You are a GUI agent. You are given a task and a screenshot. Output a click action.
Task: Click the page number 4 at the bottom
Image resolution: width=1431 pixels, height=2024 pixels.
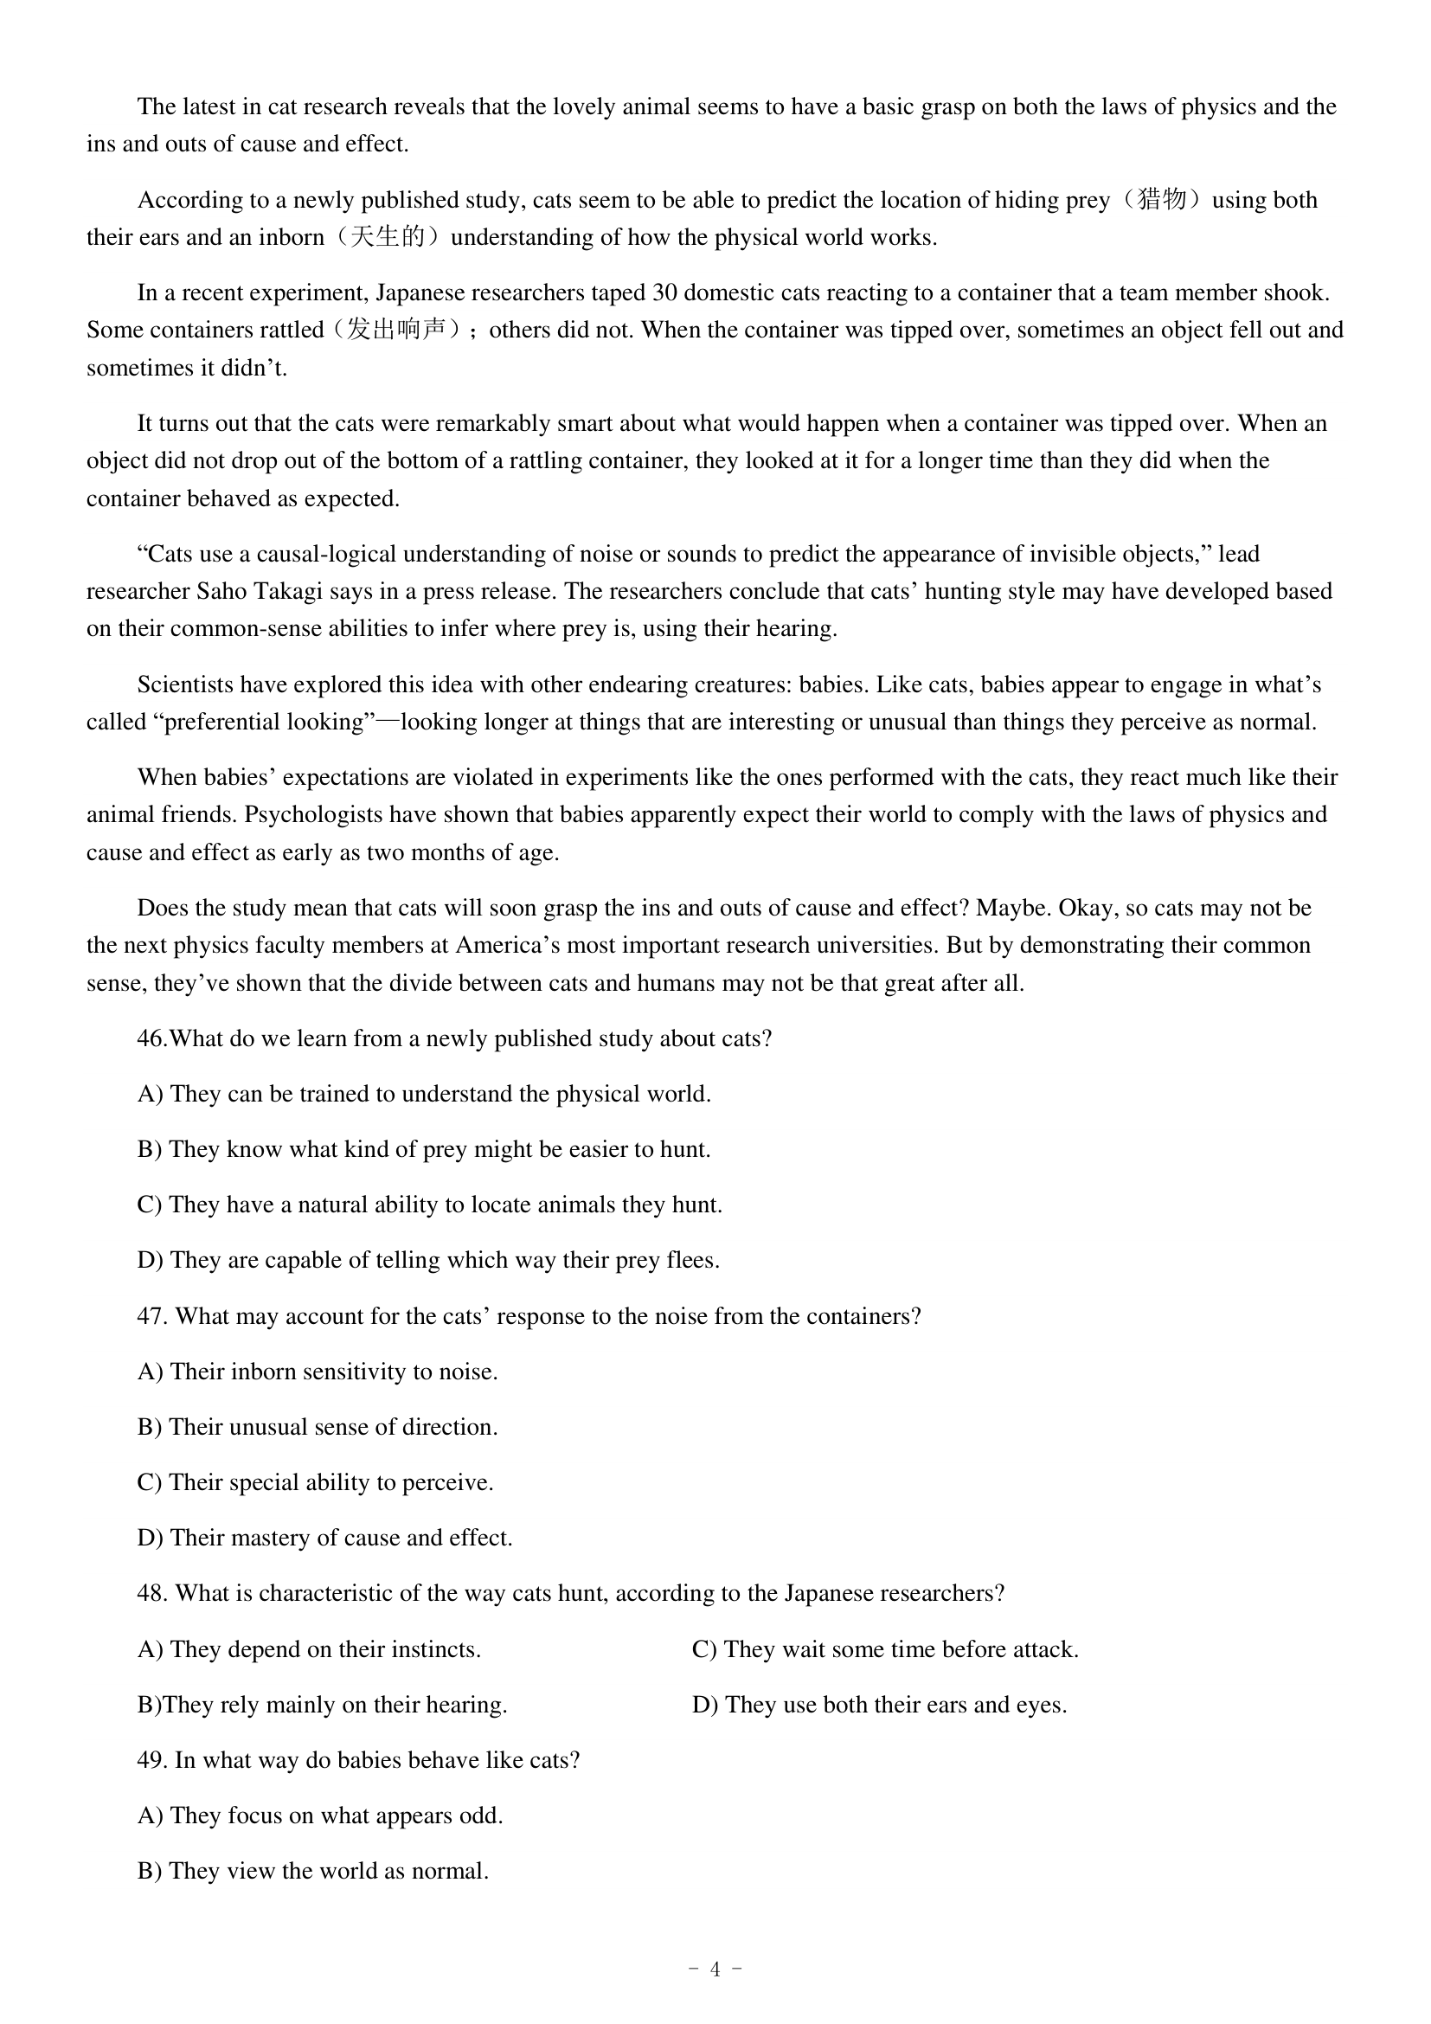(x=715, y=1969)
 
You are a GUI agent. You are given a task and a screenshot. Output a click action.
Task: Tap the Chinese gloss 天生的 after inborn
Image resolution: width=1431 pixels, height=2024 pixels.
(x=388, y=237)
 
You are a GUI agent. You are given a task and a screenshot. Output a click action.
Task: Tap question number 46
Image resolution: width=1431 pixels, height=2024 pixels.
(x=151, y=1038)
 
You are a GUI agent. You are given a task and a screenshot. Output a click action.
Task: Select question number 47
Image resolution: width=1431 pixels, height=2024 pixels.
(x=151, y=1316)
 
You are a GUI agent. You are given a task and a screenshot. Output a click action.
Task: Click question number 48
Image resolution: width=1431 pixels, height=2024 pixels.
(x=151, y=1593)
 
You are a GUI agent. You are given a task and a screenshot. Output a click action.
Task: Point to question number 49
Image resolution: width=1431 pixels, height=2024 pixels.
(x=151, y=1759)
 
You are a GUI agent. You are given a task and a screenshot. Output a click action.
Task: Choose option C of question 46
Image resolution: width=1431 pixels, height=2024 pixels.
(x=429, y=1205)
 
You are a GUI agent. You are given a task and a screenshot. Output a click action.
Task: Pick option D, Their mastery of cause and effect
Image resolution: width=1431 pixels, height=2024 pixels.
(x=324, y=1538)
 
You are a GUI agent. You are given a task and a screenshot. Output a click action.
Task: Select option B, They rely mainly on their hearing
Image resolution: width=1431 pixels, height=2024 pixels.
(x=322, y=1704)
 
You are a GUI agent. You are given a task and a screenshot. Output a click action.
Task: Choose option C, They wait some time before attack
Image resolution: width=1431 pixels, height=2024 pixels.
(x=885, y=1649)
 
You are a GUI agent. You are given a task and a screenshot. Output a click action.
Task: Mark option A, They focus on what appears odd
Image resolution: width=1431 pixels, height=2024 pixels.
(x=320, y=1815)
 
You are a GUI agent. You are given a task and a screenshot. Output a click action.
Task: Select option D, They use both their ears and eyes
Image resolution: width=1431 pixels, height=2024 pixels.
(x=878, y=1704)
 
